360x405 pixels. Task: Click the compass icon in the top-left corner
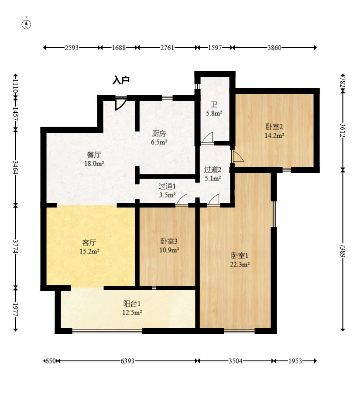click(x=26, y=24)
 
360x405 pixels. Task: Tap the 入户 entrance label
click(x=121, y=80)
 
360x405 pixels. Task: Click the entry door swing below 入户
click(x=120, y=104)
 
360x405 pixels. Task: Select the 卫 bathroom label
click(x=214, y=104)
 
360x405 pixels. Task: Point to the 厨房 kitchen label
click(x=159, y=134)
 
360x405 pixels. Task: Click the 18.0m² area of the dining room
click(x=94, y=163)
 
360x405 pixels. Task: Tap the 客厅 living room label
click(x=89, y=242)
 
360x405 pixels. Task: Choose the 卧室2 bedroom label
click(x=274, y=127)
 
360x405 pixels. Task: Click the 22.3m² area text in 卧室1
click(x=240, y=264)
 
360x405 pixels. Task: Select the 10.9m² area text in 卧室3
click(x=169, y=250)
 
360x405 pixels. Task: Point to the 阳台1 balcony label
click(x=132, y=304)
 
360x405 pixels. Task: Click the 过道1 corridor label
click(x=167, y=186)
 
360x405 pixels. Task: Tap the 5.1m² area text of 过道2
click(x=213, y=178)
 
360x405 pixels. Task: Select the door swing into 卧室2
click(x=238, y=156)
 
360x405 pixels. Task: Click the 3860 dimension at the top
click(x=274, y=48)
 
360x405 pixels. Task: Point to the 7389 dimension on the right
click(x=343, y=250)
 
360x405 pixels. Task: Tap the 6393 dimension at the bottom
click(x=127, y=361)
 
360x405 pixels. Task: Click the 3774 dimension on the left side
click(x=15, y=246)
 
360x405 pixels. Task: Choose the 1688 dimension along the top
click(x=119, y=48)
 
